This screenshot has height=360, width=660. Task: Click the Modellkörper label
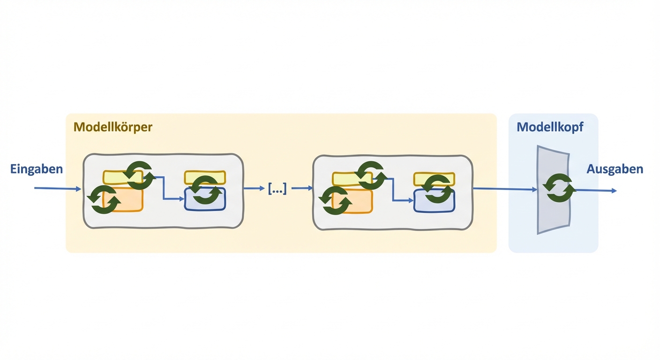[x=113, y=127]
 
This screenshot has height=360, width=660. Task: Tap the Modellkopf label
[x=550, y=127]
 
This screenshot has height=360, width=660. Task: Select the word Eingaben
[x=37, y=169]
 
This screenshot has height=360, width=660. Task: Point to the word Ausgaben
[x=615, y=169]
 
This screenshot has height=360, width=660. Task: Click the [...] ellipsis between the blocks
[x=277, y=189]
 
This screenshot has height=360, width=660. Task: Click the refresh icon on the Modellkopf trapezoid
[x=559, y=188]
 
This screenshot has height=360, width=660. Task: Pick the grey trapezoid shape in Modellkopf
[x=553, y=216]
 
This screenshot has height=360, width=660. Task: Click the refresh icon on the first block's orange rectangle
[x=104, y=199]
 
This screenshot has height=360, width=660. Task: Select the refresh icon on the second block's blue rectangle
[x=438, y=189]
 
